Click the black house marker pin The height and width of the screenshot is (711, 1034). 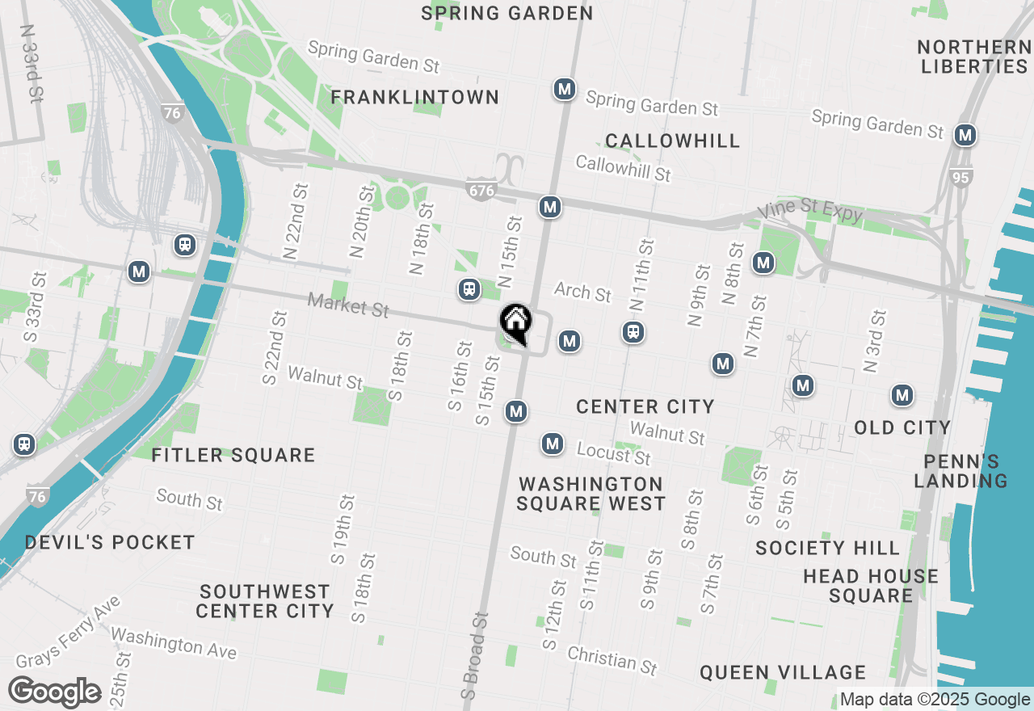pos(515,323)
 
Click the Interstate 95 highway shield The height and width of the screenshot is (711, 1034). pos(960,176)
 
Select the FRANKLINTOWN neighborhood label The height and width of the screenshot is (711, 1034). pos(415,98)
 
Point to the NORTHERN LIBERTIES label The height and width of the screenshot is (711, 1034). pos(973,57)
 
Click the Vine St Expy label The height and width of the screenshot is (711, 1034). pos(810,212)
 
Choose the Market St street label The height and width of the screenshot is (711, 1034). pos(348,305)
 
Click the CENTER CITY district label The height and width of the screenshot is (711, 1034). pos(645,406)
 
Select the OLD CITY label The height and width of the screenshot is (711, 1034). pos(902,427)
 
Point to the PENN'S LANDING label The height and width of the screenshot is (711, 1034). pos(960,471)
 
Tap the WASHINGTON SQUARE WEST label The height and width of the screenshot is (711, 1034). pos(591,494)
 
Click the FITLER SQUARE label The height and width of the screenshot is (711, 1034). pos(233,456)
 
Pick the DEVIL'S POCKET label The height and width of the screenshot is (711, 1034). pos(110,542)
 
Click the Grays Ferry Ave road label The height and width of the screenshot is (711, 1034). pos(68,633)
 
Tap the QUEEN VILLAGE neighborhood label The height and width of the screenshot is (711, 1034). pos(783,672)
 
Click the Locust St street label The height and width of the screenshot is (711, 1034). pos(613,453)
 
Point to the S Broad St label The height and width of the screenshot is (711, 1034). pos(475,654)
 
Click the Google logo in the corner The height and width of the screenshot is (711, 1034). pos(54,692)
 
